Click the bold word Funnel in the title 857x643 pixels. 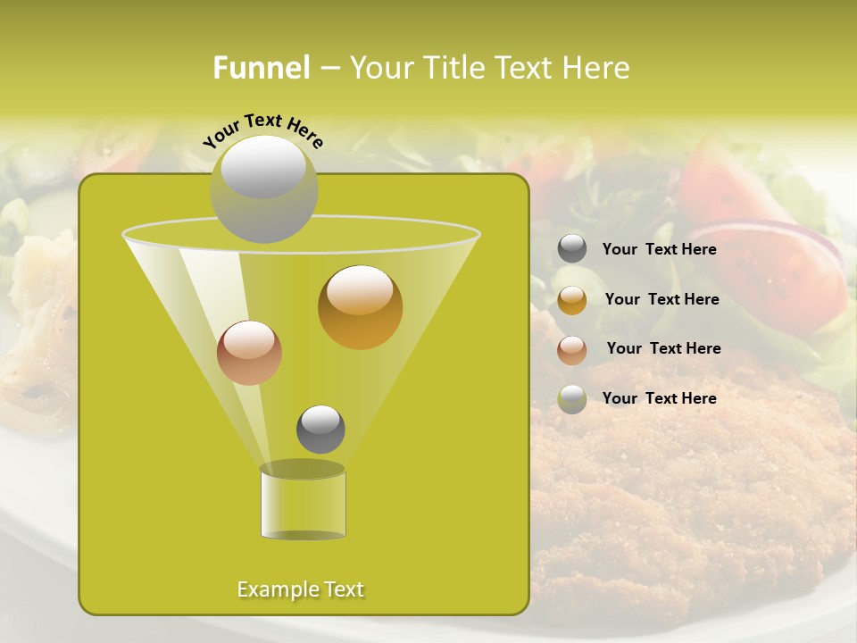point(261,68)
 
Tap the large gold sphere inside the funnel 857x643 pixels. point(360,307)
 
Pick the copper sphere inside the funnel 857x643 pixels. point(249,353)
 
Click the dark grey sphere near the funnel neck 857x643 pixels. point(320,430)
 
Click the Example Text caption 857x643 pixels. point(300,589)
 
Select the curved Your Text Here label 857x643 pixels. point(262,130)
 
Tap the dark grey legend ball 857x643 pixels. point(572,249)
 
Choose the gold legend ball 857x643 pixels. point(572,300)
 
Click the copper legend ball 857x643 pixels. point(572,349)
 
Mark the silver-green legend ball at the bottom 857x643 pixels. point(572,399)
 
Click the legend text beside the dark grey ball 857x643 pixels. point(659,250)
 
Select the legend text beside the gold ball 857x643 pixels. point(661,300)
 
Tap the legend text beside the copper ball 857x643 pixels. point(663,349)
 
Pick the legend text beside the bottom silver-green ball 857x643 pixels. point(659,399)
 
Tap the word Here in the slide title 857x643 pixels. point(596,68)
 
